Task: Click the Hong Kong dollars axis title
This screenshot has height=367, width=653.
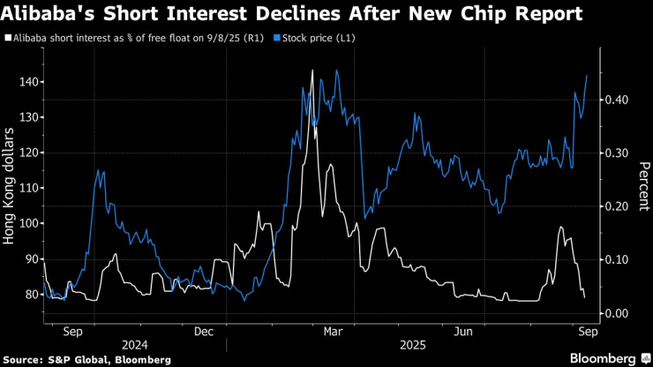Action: point(11,186)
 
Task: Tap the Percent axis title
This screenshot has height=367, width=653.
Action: point(644,186)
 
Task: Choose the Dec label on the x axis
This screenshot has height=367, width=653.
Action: point(204,332)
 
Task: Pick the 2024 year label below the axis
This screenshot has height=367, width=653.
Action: point(135,346)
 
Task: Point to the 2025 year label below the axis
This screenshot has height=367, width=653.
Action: point(411,346)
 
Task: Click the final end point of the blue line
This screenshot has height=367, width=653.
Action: point(587,75)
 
